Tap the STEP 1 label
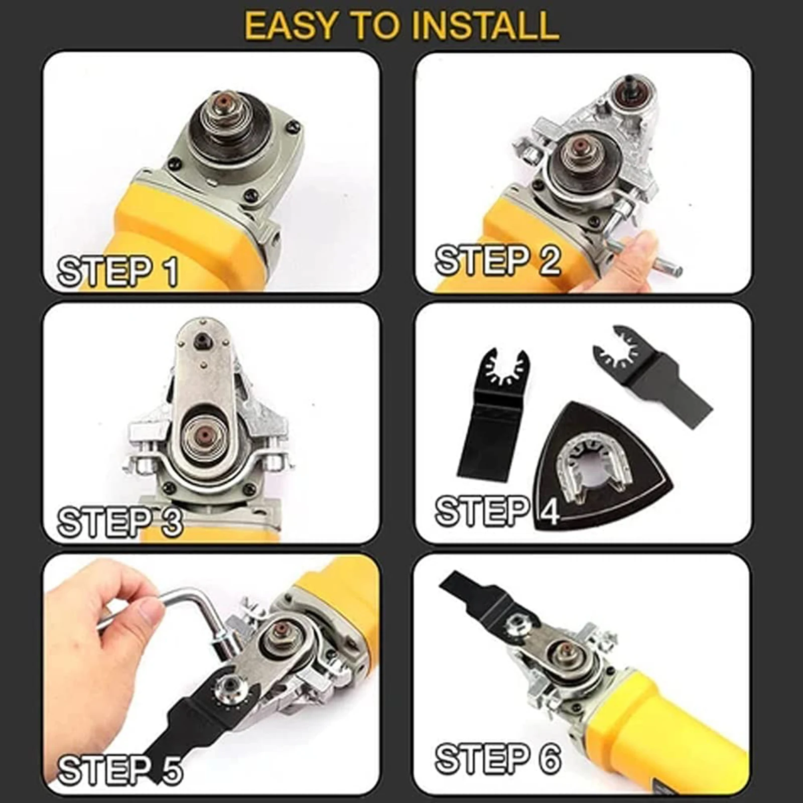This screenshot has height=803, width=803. (118, 272)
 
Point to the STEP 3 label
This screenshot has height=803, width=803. (120, 522)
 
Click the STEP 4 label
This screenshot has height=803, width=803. (497, 511)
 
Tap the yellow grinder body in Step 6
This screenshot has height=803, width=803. (673, 723)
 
